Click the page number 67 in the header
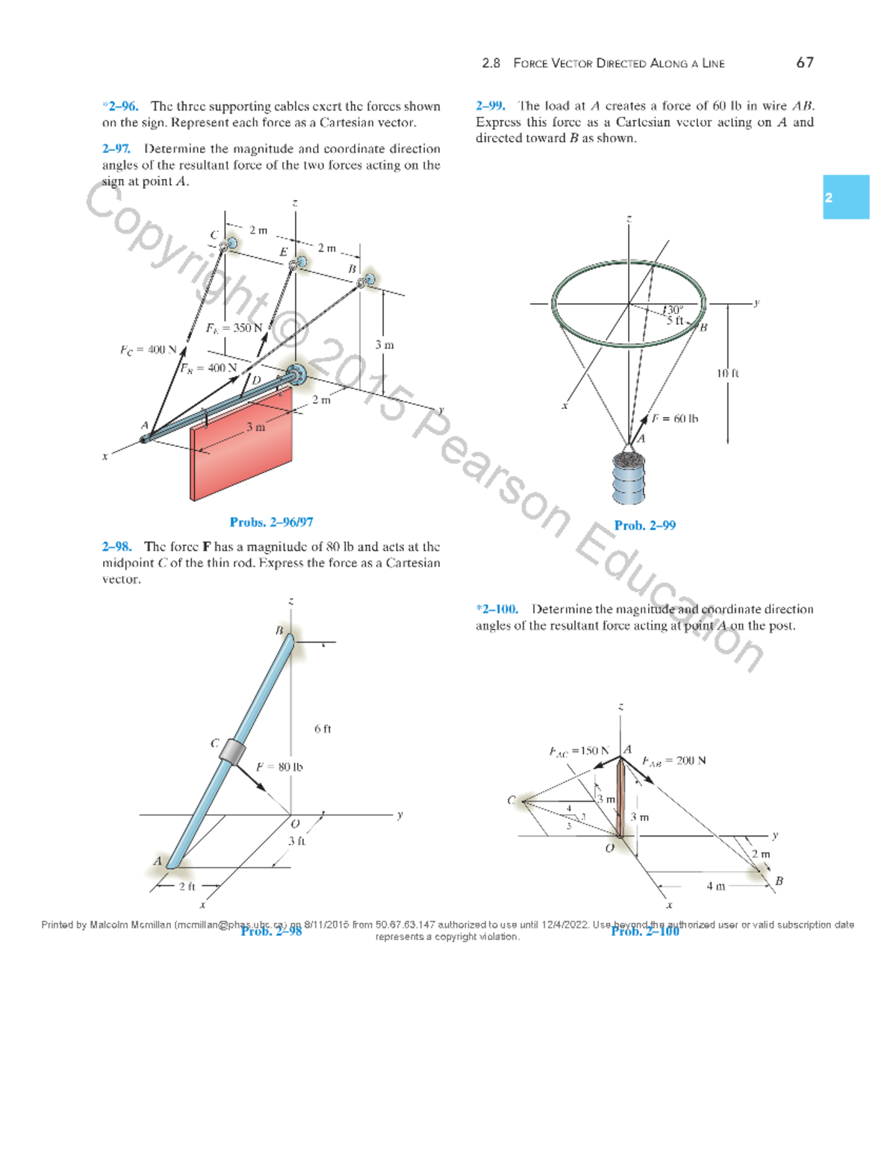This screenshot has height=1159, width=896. click(x=804, y=63)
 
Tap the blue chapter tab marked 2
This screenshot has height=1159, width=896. click(x=845, y=197)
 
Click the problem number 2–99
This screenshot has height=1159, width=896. click(x=491, y=106)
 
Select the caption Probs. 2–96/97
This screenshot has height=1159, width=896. click(x=271, y=522)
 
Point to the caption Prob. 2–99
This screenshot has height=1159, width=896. click(x=644, y=525)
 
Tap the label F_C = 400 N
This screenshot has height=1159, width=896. click(x=148, y=349)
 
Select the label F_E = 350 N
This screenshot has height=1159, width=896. click(x=234, y=328)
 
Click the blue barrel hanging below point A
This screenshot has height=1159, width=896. click(x=628, y=478)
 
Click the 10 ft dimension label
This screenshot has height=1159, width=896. click(x=727, y=372)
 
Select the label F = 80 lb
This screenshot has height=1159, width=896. click(x=279, y=766)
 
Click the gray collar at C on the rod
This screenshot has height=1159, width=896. click(x=232, y=752)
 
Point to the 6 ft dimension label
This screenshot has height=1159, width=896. click(x=323, y=728)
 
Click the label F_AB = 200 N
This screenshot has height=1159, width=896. click(x=673, y=760)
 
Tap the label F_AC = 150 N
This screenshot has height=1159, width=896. click(x=579, y=751)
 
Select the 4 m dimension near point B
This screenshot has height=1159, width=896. click(x=715, y=886)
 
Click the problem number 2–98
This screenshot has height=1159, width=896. click(x=116, y=547)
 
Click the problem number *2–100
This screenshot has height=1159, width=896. click(x=497, y=609)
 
